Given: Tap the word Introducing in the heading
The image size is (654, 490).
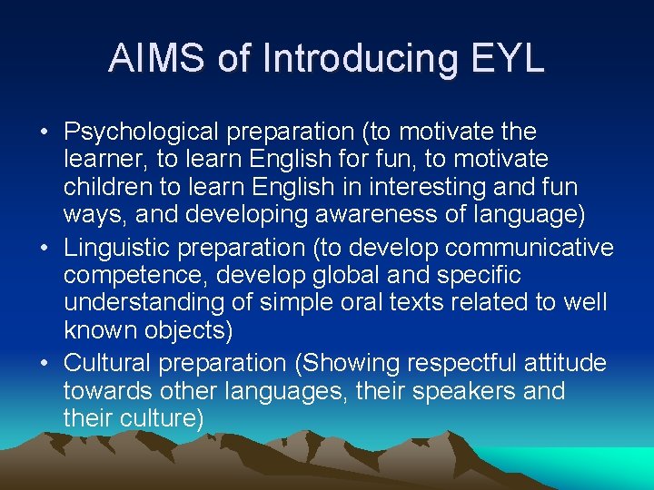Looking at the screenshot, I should coord(358,58).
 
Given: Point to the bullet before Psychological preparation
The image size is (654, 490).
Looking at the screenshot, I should coord(44,132).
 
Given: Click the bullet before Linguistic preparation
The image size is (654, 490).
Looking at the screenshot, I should coord(44,248).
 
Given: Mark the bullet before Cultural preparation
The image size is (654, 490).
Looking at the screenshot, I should coord(44,363).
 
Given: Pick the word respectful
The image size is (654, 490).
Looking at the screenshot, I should coord(465,363).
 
